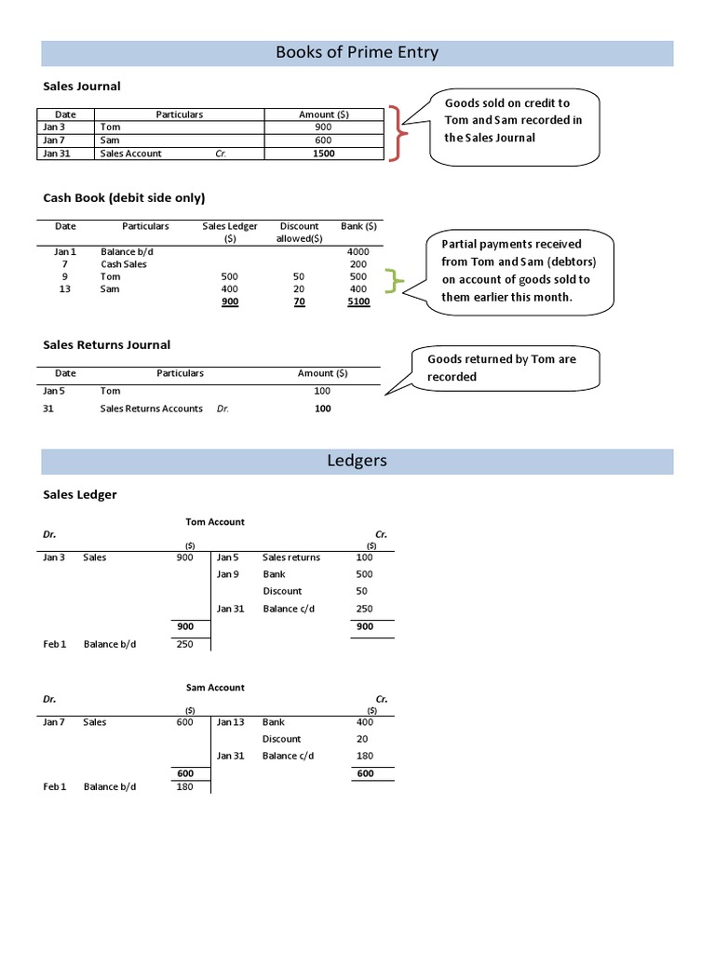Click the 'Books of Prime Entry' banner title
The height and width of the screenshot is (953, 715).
coord(357,53)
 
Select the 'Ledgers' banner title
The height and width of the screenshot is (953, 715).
coord(357,461)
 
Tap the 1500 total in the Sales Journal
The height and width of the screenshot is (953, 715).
coord(323,154)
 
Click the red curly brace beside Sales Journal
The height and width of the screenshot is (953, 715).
coord(398,134)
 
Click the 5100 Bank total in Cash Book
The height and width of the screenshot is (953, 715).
coord(358,302)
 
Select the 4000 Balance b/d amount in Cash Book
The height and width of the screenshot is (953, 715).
coord(358,251)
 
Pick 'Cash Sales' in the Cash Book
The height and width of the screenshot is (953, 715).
coord(124,264)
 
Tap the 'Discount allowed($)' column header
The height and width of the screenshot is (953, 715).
coord(299,232)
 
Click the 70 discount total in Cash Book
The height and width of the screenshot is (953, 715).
coord(299,302)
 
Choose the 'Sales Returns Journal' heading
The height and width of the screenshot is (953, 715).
coord(107,344)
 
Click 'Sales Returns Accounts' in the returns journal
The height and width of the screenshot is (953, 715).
coord(151,409)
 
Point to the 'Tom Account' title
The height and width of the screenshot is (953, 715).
coord(215,522)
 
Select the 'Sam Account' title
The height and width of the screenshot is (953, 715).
coord(215,687)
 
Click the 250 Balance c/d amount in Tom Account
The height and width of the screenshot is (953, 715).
coord(364,609)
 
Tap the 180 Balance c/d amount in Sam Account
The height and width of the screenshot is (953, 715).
coord(364,756)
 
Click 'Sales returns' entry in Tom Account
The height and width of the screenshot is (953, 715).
coord(291,557)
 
